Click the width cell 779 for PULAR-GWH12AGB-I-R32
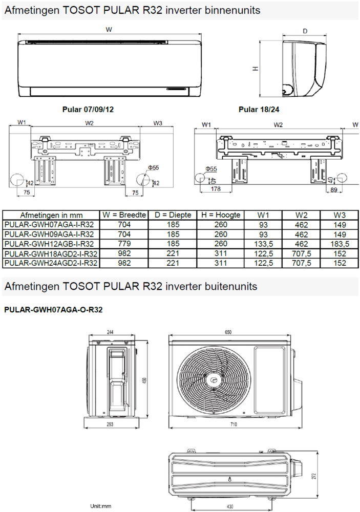[x=124, y=244]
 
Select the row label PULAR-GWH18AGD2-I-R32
[x=51, y=253]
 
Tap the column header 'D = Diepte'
[x=173, y=215]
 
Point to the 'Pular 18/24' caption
[x=259, y=109]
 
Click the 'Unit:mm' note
[x=101, y=506]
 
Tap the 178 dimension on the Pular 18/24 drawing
[x=215, y=188]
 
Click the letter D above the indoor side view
[x=305, y=31]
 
